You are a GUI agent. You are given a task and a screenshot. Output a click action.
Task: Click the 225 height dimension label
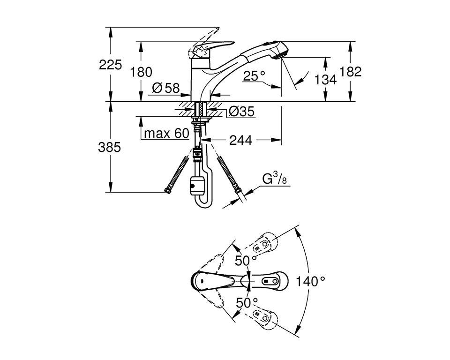coord(110,65)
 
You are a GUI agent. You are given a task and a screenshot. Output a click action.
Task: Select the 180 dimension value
coord(142,72)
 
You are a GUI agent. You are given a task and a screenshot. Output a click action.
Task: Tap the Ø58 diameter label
coord(166,88)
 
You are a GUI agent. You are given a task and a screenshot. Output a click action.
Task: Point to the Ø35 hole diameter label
coord(241,111)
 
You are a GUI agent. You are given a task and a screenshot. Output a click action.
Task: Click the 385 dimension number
coord(110,147)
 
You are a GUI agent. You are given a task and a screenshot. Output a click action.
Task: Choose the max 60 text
coord(166,134)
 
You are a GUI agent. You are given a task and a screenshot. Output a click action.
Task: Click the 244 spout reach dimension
coord(241,140)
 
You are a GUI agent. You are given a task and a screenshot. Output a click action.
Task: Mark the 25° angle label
coord(254,76)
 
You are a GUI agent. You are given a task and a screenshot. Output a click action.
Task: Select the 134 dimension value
coord(325,80)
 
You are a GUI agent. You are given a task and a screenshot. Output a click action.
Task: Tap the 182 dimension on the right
coord(351,72)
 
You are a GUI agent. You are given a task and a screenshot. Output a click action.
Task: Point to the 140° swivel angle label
coord(310,281)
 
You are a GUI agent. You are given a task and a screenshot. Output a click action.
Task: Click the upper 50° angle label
coord(246,261)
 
